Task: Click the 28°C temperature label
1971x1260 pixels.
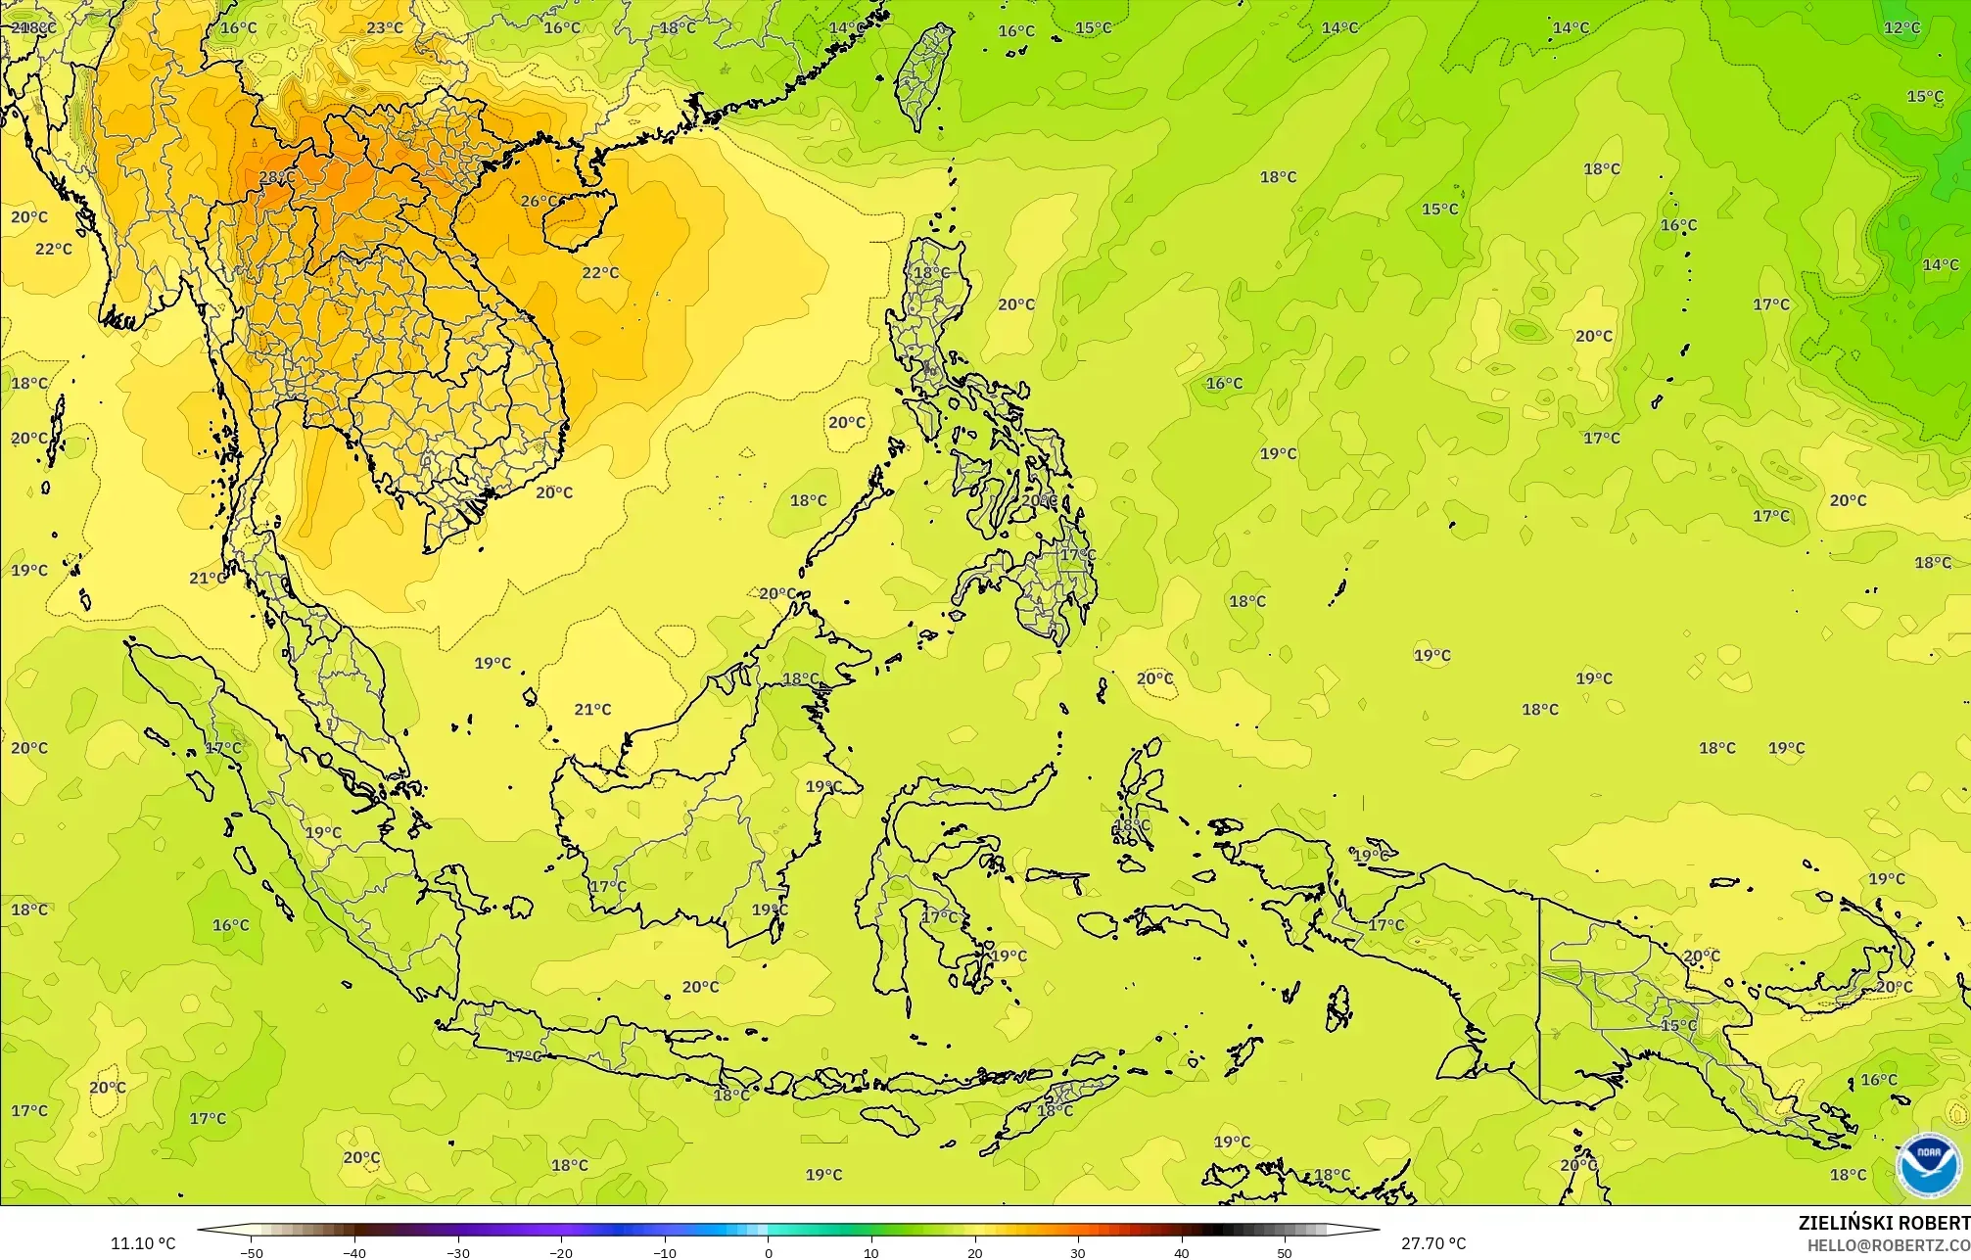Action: coord(276,177)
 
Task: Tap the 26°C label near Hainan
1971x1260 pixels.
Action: coord(539,202)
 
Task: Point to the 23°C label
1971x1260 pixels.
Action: coord(385,27)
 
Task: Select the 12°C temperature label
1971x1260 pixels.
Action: coord(1901,27)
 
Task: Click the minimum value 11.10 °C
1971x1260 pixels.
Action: coord(143,1243)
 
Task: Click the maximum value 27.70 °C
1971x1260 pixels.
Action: coord(1433,1243)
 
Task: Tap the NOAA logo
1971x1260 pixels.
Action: coord(1928,1165)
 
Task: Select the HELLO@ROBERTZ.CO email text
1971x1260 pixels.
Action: coord(1888,1245)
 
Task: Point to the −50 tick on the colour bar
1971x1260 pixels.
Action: coord(252,1252)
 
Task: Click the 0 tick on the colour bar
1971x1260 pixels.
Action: coord(769,1252)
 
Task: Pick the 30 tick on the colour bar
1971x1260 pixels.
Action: coord(1078,1252)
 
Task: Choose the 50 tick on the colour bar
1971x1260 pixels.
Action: coord(1285,1252)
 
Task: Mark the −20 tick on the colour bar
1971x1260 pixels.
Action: coord(561,1252)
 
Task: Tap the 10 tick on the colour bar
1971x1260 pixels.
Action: coord(871,1252)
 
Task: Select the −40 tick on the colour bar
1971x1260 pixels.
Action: coord(354,1252)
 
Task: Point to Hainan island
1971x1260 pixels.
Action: coord(578,217)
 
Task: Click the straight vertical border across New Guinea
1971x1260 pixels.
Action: coord(1540,999)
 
